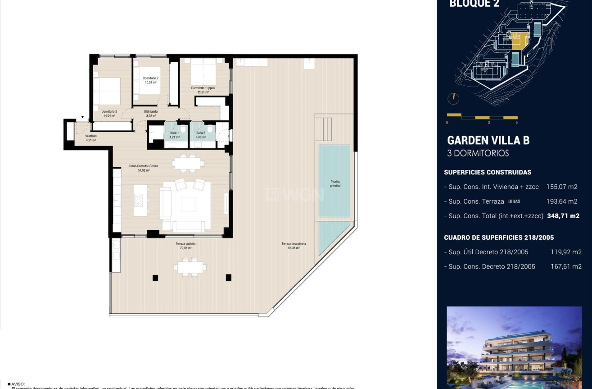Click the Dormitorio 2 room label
point(151,78)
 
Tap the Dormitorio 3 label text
point(109,111)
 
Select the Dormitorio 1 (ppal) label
point(203,88)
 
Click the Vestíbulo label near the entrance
point(91,136)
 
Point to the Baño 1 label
point(174,133)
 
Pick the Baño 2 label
point(200,133)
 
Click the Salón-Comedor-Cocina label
point(144,166)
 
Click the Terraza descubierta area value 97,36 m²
point(294,248)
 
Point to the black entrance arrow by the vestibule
point(82,118)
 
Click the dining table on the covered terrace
point(191,267)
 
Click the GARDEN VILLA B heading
point(488,140)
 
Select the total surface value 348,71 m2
point(563,216)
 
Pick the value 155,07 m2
point(561,187)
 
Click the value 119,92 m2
point(566,252)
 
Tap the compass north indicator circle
point(453,98)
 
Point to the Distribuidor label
point(151,111)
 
